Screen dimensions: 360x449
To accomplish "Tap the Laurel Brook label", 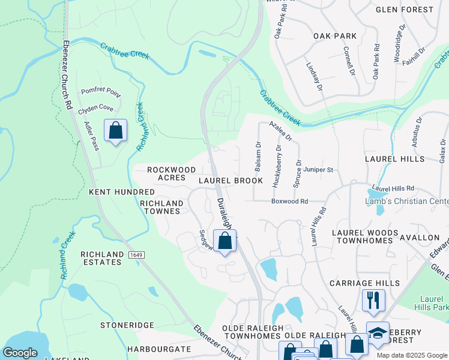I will click(x=231, y=181).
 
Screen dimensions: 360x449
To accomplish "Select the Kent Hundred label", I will click(x=122, y=192).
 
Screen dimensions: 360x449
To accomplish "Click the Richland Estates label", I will click(x=101, y=259).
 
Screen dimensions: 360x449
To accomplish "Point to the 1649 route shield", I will click(x=135, y=255).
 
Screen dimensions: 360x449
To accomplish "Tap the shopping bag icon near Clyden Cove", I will click(x=115, y=130).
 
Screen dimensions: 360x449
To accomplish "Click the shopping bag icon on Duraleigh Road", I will click(x=224, y=241).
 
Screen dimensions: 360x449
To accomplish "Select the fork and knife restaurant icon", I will click(x=373, y=300).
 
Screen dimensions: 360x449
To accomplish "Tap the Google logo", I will click(x=20, y=353).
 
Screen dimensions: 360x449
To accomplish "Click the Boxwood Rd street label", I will click(x=289, y=202).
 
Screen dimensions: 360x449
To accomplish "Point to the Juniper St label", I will click(x=318, y=170).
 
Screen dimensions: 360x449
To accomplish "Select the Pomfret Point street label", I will click(x=101, y=92).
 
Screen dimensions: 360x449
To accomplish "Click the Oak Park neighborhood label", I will click(x=334, y=37).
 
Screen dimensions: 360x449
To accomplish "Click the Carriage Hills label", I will click(x=364, y=283).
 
